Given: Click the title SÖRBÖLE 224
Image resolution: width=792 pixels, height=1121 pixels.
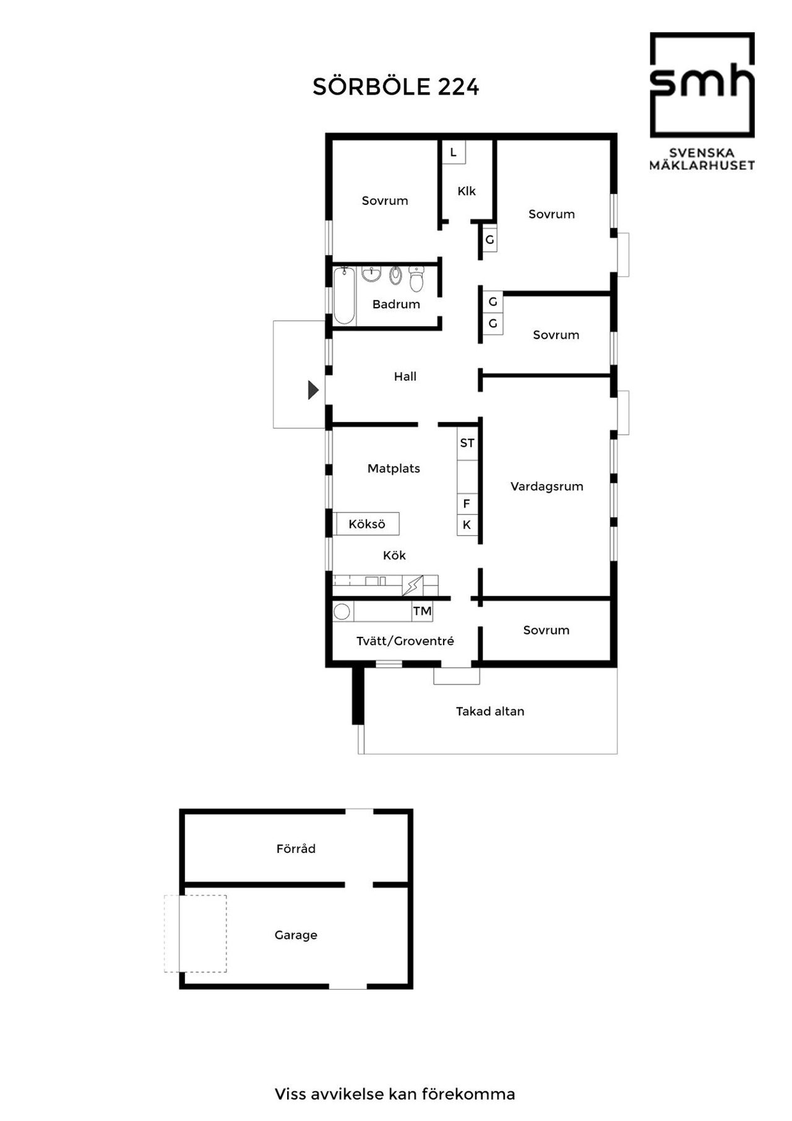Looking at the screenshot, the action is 396,87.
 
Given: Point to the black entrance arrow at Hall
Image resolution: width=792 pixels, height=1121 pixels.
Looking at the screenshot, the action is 314,390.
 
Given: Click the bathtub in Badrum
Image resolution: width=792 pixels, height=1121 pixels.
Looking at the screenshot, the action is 344,296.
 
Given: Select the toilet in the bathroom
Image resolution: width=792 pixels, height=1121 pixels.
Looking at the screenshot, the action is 416,279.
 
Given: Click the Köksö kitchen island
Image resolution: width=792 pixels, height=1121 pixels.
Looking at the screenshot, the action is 366,524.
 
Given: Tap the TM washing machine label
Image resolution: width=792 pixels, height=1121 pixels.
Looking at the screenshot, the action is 423,612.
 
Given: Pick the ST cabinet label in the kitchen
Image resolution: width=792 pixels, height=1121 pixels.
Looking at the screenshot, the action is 467,443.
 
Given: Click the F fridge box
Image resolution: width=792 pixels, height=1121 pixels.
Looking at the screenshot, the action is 467,504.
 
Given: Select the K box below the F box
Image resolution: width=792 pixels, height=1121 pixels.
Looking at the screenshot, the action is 467,525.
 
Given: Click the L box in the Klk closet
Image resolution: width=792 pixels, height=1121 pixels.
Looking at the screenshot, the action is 454,152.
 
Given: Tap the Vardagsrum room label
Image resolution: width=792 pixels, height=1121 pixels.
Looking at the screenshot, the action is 547,487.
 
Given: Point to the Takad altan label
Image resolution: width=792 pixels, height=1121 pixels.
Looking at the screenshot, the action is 490,711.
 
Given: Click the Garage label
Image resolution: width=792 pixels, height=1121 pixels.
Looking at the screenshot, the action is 296,935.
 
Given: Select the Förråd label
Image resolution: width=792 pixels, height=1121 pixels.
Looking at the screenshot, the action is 296,849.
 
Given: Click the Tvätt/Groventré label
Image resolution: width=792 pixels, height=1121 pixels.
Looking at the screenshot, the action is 405,641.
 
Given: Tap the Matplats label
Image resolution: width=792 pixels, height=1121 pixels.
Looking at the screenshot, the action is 394,469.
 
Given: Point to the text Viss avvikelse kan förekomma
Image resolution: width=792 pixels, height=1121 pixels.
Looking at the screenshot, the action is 395,1094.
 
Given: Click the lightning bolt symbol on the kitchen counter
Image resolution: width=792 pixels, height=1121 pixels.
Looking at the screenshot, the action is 413,585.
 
